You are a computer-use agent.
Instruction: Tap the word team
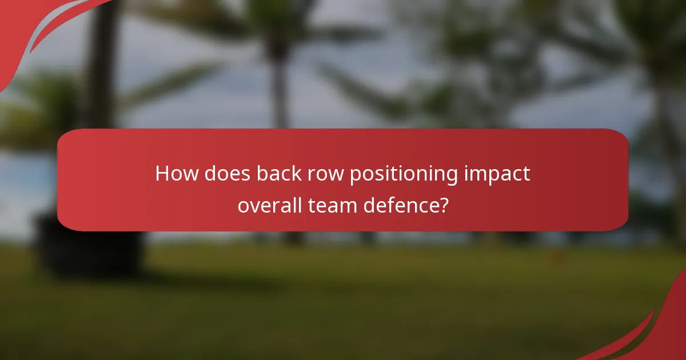[326, 205]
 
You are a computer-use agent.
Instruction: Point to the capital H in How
[162, 174]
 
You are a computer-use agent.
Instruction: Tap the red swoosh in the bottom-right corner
[657, 331]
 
